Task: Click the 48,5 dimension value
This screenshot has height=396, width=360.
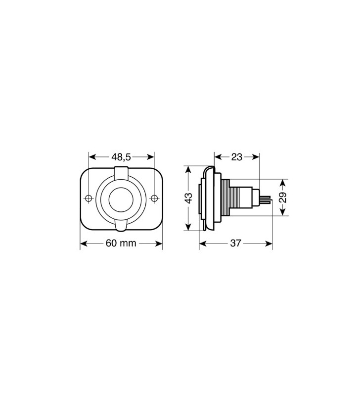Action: tap(121, 157)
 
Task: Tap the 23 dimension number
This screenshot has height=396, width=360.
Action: tap(237, 157)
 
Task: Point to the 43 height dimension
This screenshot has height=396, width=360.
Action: tap(188, 198)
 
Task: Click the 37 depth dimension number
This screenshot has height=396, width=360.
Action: tap(236, 244)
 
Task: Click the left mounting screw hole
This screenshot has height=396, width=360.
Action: tap(89, 198)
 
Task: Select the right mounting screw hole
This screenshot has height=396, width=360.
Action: tap(154, 198)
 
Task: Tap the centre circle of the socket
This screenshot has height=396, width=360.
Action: tap(121, 198)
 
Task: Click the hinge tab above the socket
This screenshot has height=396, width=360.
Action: tap(121, 173)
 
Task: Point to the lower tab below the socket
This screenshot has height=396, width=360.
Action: tap(121, 225)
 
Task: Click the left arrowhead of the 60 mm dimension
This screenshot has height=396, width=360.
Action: tap(83, 244)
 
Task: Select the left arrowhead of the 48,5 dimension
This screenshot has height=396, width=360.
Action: tap(91, 157)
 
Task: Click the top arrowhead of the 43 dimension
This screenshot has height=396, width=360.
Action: tap(188, 169)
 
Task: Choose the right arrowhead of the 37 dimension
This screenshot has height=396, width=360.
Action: tap(270, 244)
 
